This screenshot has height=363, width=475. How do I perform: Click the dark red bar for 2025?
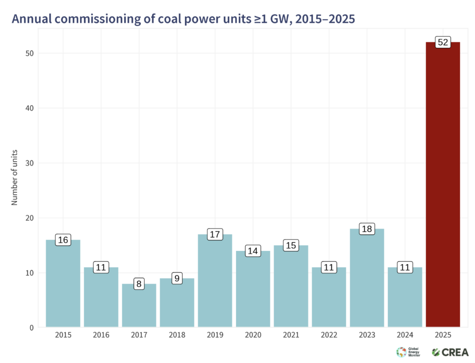click(x=443, y=185)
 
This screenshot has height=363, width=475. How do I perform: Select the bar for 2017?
click(x=139, y=306)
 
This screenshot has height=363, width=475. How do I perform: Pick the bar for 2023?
click(x=366, y=278)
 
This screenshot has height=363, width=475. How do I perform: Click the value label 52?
click(x=443, y=43)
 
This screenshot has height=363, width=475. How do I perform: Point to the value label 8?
click(x=139, y=284)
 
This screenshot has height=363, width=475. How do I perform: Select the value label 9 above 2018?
click(x=177, y=279)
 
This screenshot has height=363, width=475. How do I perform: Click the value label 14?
click(x=253, y=251)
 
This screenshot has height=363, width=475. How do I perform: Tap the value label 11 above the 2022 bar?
click(x=329, y=267)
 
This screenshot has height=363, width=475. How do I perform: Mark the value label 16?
click(x=63, y=240)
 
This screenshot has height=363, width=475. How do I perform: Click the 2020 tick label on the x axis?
click(x=253, y=335)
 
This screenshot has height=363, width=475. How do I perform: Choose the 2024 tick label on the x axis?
click(x=404, y=335)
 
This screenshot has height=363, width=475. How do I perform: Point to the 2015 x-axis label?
click(x=63, y=335)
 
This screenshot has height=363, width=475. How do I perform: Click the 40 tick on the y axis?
click(x=29, y=108)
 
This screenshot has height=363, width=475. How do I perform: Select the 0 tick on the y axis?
click(x=31, y=328)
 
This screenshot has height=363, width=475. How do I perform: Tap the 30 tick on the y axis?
click(x=29, y=163)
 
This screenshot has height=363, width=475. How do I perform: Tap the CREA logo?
click(x=449, y=352)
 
